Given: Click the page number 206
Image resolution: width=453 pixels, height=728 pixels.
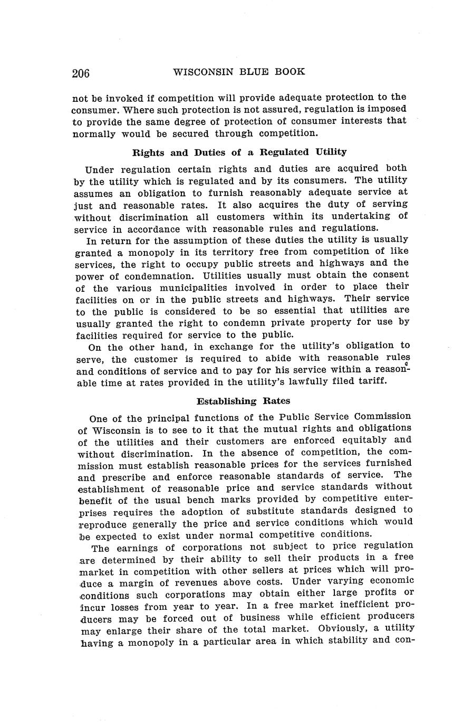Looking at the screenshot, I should tap(81, 73).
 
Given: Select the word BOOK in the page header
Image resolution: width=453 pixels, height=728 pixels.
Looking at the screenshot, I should tap(290, 72).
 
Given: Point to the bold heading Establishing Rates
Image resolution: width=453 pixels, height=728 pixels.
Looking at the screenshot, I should tap(243, 401).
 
